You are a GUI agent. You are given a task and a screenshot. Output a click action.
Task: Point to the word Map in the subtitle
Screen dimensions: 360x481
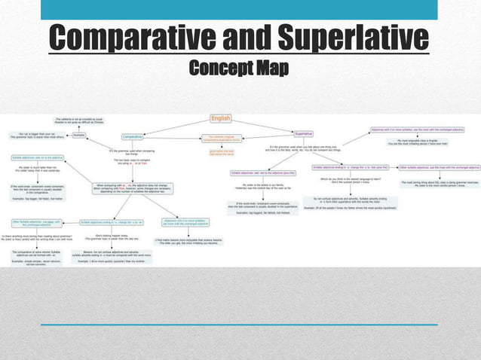[268, 69]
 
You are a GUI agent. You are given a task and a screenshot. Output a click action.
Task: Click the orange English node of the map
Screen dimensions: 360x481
[220, 118]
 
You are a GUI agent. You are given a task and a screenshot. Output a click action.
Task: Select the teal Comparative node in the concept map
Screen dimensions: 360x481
[133, 136]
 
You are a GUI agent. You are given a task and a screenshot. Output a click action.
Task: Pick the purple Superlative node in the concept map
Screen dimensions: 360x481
[304, 133]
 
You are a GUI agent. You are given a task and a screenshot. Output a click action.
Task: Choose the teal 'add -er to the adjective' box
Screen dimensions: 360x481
[37, 157]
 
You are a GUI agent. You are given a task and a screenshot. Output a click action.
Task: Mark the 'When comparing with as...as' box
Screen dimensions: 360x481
[131, 187]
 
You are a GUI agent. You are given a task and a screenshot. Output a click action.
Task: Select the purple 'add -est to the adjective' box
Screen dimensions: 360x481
[261, 172]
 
